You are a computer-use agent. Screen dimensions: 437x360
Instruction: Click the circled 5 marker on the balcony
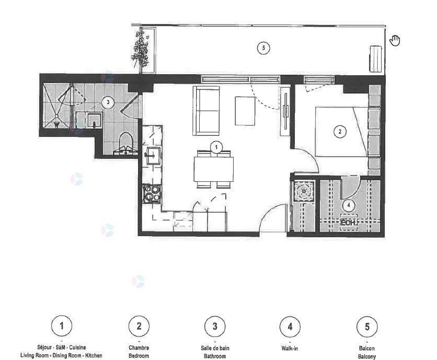[263, 48]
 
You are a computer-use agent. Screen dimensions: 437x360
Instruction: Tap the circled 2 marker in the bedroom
[340, 132]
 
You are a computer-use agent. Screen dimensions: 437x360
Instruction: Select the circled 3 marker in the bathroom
[108, 102]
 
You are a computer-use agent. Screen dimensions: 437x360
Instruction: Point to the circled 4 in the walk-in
[349, 206]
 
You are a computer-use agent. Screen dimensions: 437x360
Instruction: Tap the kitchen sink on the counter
[153, 156]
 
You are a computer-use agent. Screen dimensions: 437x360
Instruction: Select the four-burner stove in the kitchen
[152, 193]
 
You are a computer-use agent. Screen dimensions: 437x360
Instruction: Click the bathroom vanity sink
[94, 120]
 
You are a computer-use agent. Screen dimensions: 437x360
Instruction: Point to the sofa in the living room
[206, 111]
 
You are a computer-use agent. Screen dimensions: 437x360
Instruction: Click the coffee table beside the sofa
[245, 111]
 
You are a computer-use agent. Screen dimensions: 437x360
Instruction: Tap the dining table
[214, 169]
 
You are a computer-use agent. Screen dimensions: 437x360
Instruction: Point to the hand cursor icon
[395, 40]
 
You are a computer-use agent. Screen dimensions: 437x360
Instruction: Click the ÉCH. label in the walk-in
[348, 223]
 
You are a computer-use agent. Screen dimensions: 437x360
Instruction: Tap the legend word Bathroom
[215, 356]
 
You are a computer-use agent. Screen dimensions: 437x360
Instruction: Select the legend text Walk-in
[290, 348]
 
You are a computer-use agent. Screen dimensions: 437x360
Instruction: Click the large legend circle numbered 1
[62, 326]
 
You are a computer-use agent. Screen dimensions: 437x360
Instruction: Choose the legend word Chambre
[139, 348]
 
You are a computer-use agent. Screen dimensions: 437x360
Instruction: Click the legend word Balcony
[367, 356]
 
